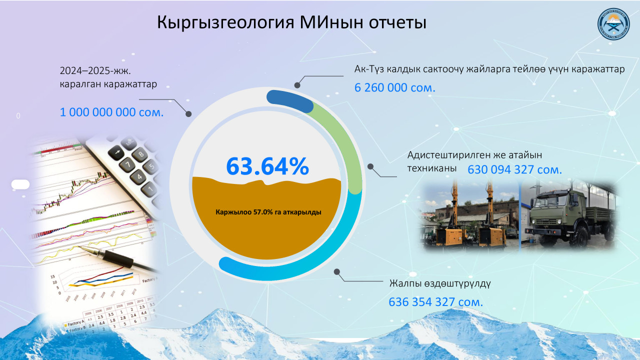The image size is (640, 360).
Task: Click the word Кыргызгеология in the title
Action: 225,22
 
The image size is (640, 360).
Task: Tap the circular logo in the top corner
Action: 613,24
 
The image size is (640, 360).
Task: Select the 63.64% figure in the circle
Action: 267,166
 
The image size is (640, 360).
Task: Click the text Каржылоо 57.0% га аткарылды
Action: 268,212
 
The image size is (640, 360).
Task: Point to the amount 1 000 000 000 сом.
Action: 111,112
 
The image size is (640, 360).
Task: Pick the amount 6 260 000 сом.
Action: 395,87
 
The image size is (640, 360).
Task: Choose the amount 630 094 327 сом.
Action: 514,169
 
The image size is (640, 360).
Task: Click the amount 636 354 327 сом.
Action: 435,301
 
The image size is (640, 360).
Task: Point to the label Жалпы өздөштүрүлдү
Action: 440,283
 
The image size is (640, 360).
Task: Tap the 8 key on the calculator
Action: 141,154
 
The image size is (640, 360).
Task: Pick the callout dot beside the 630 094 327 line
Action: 370,166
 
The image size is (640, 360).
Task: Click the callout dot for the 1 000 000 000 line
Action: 188,113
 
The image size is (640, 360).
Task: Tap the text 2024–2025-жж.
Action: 95,70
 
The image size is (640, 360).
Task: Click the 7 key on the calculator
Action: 127,165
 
